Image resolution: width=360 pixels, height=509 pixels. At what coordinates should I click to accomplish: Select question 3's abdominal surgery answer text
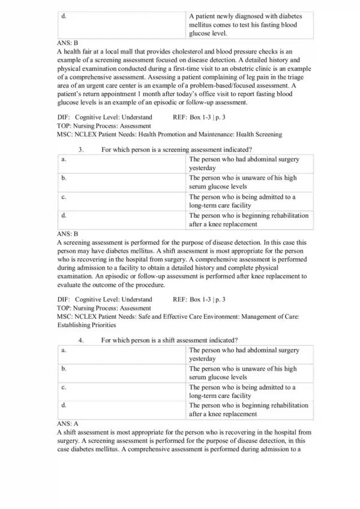[244, 164]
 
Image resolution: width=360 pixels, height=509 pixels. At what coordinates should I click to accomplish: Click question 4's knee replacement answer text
[248, 409]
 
